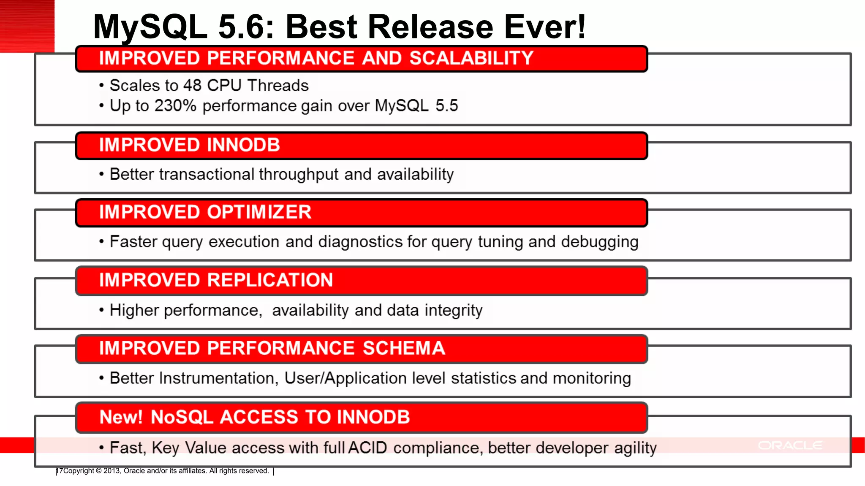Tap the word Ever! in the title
(545, 27)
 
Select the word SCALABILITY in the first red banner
(471, 58)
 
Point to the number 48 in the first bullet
(192, 86)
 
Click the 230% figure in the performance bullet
(175, 106)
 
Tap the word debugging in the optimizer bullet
(600, 242)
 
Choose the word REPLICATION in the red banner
(270, 281)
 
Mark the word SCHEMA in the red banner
(404, 348)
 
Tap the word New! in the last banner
(121, 417)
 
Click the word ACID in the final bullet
(367, 448)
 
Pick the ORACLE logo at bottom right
(790, 445)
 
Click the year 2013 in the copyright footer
(112, 471)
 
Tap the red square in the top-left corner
(27, 26)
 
